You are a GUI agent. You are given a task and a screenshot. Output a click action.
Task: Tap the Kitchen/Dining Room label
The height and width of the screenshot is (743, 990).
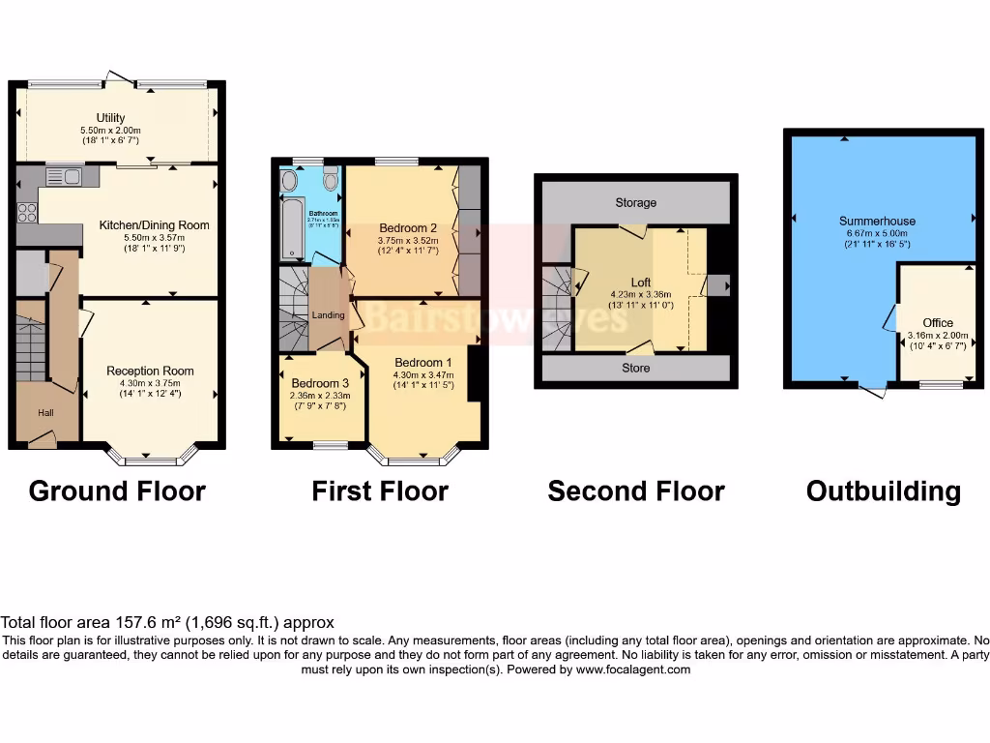point(154,225)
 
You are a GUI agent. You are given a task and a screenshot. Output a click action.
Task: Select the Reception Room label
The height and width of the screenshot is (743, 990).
point(150,371)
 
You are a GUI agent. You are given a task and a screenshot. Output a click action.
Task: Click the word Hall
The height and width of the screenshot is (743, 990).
point(46,413)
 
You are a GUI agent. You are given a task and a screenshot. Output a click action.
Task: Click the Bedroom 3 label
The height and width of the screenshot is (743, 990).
point(320,383)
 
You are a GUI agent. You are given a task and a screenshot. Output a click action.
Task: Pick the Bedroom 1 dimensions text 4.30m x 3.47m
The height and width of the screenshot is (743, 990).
point(422,374)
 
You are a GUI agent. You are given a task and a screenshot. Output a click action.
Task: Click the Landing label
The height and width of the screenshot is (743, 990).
point(329,315)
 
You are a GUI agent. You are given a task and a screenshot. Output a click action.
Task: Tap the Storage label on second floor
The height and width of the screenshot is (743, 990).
point(635,203)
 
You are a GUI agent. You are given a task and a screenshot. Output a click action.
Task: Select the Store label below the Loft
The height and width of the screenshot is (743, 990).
point(635,368)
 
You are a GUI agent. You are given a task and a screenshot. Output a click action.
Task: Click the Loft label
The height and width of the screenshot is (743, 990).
point(641,282)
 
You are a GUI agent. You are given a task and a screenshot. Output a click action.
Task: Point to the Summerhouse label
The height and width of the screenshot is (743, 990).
point(877,222)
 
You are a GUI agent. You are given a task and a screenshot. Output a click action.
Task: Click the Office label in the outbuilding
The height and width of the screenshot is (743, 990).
point(937,323)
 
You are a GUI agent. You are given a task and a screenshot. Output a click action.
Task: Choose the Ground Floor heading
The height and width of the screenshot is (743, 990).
point(117,490)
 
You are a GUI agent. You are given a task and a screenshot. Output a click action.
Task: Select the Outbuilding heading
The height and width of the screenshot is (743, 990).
point(884,490)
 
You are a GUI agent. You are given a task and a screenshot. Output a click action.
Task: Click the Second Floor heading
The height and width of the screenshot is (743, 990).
point(635,490)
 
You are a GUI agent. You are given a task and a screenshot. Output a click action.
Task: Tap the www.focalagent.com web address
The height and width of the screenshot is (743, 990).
point(633,669)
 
